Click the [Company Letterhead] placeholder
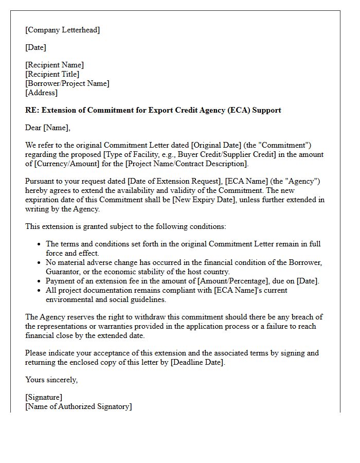tap(63, 30)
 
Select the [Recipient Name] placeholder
tap(55, 65)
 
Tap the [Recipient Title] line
tap(52, 74)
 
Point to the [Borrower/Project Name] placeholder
tap(67, 83)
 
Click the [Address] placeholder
tap(41, 93)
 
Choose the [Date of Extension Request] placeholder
tap(173, 182)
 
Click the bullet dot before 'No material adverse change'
tap(39, 263)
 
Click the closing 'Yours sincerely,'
tap(51, 380)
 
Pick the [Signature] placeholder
tap(44, 397)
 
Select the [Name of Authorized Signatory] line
tap(78, 406)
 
